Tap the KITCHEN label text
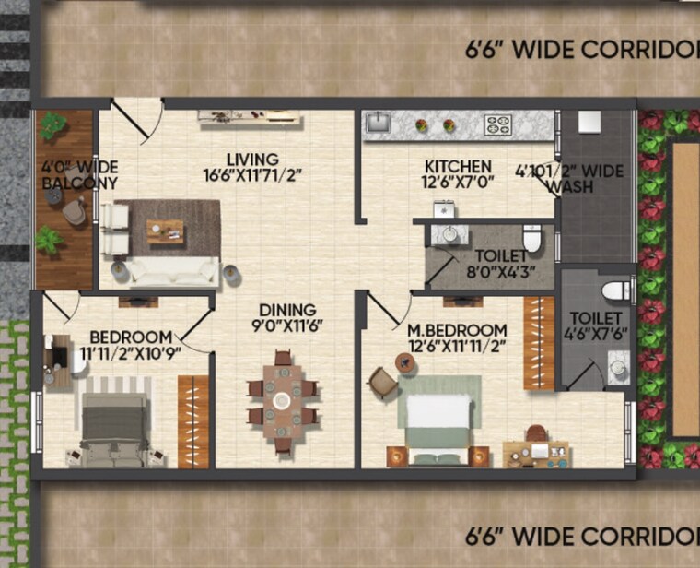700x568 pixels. [458, 167]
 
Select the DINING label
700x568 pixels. [286, 310]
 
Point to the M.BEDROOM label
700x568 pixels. [457, 330]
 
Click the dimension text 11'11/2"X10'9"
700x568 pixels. [129, 352]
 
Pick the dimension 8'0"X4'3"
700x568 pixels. [501, 272]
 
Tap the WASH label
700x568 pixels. [569, 186]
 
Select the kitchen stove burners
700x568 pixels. [498, 124]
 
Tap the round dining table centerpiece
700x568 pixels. [282, 400]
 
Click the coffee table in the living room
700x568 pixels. [165, 231]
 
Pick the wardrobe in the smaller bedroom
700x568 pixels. [193, 421]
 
